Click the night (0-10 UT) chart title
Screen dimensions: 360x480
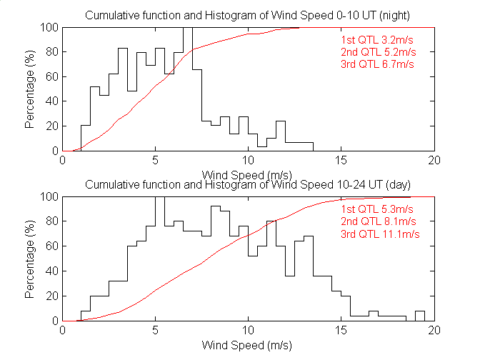pos(248,16)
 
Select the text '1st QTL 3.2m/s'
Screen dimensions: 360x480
pos(377,39)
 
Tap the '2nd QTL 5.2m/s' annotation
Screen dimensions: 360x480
pos(378,51)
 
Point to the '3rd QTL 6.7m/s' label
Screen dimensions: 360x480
pos(378,64)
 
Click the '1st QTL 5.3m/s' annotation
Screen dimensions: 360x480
pos(377,209)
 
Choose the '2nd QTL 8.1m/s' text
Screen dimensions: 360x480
pos(378,221)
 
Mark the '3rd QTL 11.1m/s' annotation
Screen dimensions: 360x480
pos(380,234)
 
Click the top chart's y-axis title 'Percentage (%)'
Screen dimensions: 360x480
pos(30,89)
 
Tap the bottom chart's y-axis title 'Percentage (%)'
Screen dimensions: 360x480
pos(30,259)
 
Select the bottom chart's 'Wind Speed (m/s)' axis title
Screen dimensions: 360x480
pos(248,345)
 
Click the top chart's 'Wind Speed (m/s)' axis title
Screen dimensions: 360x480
pos(248,175)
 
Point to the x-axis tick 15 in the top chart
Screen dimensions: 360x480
pos(341,160)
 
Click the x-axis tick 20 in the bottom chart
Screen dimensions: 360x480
pos(434,330)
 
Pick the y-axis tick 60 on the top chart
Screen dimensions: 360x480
pos(51,76)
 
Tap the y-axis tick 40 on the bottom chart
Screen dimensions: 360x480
pos(51,271)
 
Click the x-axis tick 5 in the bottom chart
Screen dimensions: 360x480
pos(156,330)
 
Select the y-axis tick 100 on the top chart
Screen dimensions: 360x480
pos(49,27)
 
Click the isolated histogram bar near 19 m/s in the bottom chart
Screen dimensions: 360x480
pos(420,316)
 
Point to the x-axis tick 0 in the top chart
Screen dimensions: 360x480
pos(63,160)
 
